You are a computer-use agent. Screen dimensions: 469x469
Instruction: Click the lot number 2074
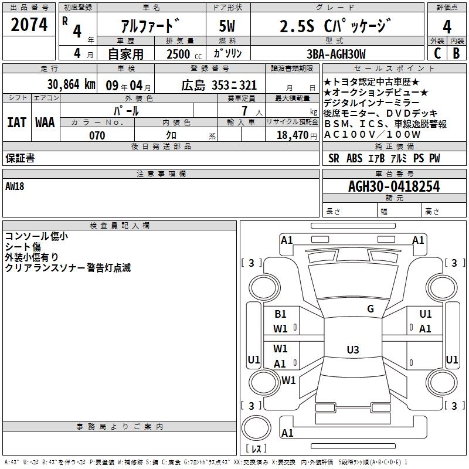[29, 25]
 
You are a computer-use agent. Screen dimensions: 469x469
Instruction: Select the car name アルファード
[149, 27]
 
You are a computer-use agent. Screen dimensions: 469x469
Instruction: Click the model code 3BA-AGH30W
[336, 55]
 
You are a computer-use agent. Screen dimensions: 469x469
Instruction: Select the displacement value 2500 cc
[182, 55]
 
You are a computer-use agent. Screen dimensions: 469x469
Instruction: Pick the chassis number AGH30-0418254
[393, 186]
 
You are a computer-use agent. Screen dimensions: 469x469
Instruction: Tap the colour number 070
[97, 135]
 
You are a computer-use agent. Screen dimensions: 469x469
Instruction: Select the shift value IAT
[16, 123]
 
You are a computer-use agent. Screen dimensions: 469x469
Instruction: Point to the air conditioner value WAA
[45, 123]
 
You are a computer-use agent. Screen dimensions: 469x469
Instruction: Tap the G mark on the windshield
[370, 308]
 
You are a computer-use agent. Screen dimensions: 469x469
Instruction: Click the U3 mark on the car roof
[352, 350]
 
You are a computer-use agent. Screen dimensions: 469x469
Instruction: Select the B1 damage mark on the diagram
[280, 314]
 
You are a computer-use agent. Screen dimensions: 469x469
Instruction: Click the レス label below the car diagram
[256, 450]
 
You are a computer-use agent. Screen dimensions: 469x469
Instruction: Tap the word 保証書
[20, 158]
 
